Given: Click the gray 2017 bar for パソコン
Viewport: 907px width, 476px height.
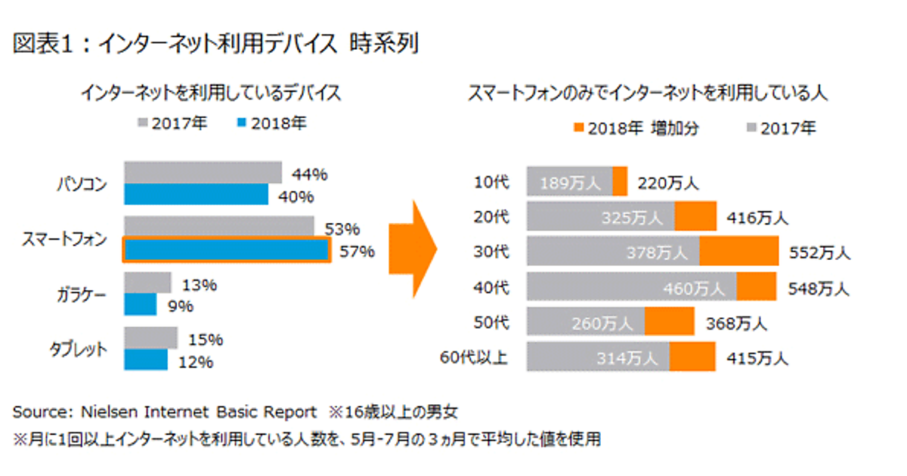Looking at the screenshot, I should pos(203,172).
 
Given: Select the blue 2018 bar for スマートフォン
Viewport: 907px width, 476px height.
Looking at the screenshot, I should pos(225,250).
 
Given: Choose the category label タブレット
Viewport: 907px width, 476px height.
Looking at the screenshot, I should pos(78,349).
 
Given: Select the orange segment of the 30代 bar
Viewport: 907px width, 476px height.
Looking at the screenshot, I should pos(738,251).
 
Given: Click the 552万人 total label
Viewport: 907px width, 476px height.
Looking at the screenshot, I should pos(819,252).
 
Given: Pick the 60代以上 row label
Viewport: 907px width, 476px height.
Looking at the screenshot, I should pos(474,357).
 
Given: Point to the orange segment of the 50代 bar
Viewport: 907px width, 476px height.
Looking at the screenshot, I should pos(669,322).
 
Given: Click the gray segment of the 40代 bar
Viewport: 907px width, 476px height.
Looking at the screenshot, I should pos(631,287).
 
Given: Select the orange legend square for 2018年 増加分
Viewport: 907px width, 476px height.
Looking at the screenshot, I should pos(580,128).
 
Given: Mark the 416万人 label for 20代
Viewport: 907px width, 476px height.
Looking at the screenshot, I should pos(757,218).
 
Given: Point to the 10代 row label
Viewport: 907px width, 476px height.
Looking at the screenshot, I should pos(492,182).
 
